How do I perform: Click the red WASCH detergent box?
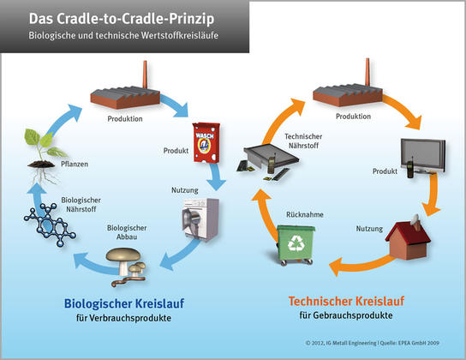(x=206, y=142)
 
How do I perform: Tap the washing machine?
(x=200, y=219)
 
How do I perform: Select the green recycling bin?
(x=296, y=245)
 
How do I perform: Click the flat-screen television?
(x=423, y=155)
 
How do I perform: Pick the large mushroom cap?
(x=123, y=255)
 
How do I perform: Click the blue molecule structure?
(x=50, y=225)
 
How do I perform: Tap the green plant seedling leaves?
(x=44, y=143)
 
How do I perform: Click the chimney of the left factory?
(x=145, y=75)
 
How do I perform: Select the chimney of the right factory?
(x=367, y=72)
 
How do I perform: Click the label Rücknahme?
(x=305, y=214)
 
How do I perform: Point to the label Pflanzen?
(x=75, y=164)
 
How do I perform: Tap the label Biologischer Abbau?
(x=127, y=232)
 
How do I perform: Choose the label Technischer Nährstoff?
(x=303, y=141)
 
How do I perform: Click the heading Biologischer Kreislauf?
(x=124, y=303)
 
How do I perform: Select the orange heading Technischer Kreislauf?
(x=346, y=301)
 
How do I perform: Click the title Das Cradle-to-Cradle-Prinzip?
(x=122, y=19)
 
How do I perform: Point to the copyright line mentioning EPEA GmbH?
(x=373, y=343)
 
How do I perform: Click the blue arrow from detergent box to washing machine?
(x=216, y=176)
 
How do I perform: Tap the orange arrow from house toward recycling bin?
(x=362, y=264)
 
